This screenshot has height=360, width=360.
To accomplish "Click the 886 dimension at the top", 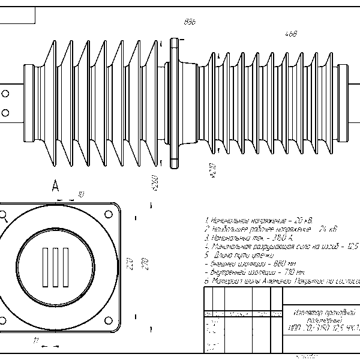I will (x=190, y=22).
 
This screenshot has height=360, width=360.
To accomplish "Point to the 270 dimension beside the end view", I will (x=144, y=264).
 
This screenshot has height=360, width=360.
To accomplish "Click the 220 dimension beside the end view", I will (x=128, y=264).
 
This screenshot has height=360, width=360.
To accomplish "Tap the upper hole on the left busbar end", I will (x=6, y=94).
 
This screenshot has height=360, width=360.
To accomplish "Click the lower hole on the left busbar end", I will (x=6, y=112).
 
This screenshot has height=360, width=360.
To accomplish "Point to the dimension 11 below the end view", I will (x=36, y=342).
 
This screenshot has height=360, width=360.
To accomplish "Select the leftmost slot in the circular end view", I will (x=44, y=266).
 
